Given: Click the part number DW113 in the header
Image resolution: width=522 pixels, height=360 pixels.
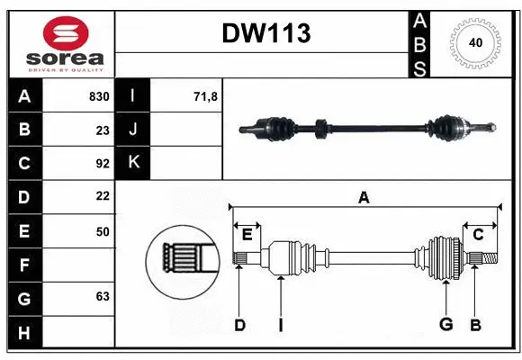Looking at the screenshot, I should (266, 33).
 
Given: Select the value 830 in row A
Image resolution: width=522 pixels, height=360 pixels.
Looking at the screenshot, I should (99, 96).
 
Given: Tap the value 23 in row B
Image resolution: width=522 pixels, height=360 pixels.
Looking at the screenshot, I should (103, 130).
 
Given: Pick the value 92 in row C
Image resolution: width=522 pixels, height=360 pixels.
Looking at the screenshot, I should (103, 164).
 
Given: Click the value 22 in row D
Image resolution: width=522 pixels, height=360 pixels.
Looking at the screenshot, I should (103, 196).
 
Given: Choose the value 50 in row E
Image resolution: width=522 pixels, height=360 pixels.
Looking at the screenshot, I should (103, 231).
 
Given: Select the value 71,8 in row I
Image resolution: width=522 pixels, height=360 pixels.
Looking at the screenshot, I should (206, 96).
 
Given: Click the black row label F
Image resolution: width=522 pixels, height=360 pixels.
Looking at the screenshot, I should (23, 265).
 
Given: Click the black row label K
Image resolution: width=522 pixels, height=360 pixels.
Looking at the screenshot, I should (133, 164).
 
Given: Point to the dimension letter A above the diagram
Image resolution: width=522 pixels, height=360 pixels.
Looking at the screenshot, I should (364, 198).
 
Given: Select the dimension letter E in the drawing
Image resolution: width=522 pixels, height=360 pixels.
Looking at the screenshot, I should (247, 235).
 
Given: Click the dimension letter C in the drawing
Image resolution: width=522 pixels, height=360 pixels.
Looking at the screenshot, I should (479, 235).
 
